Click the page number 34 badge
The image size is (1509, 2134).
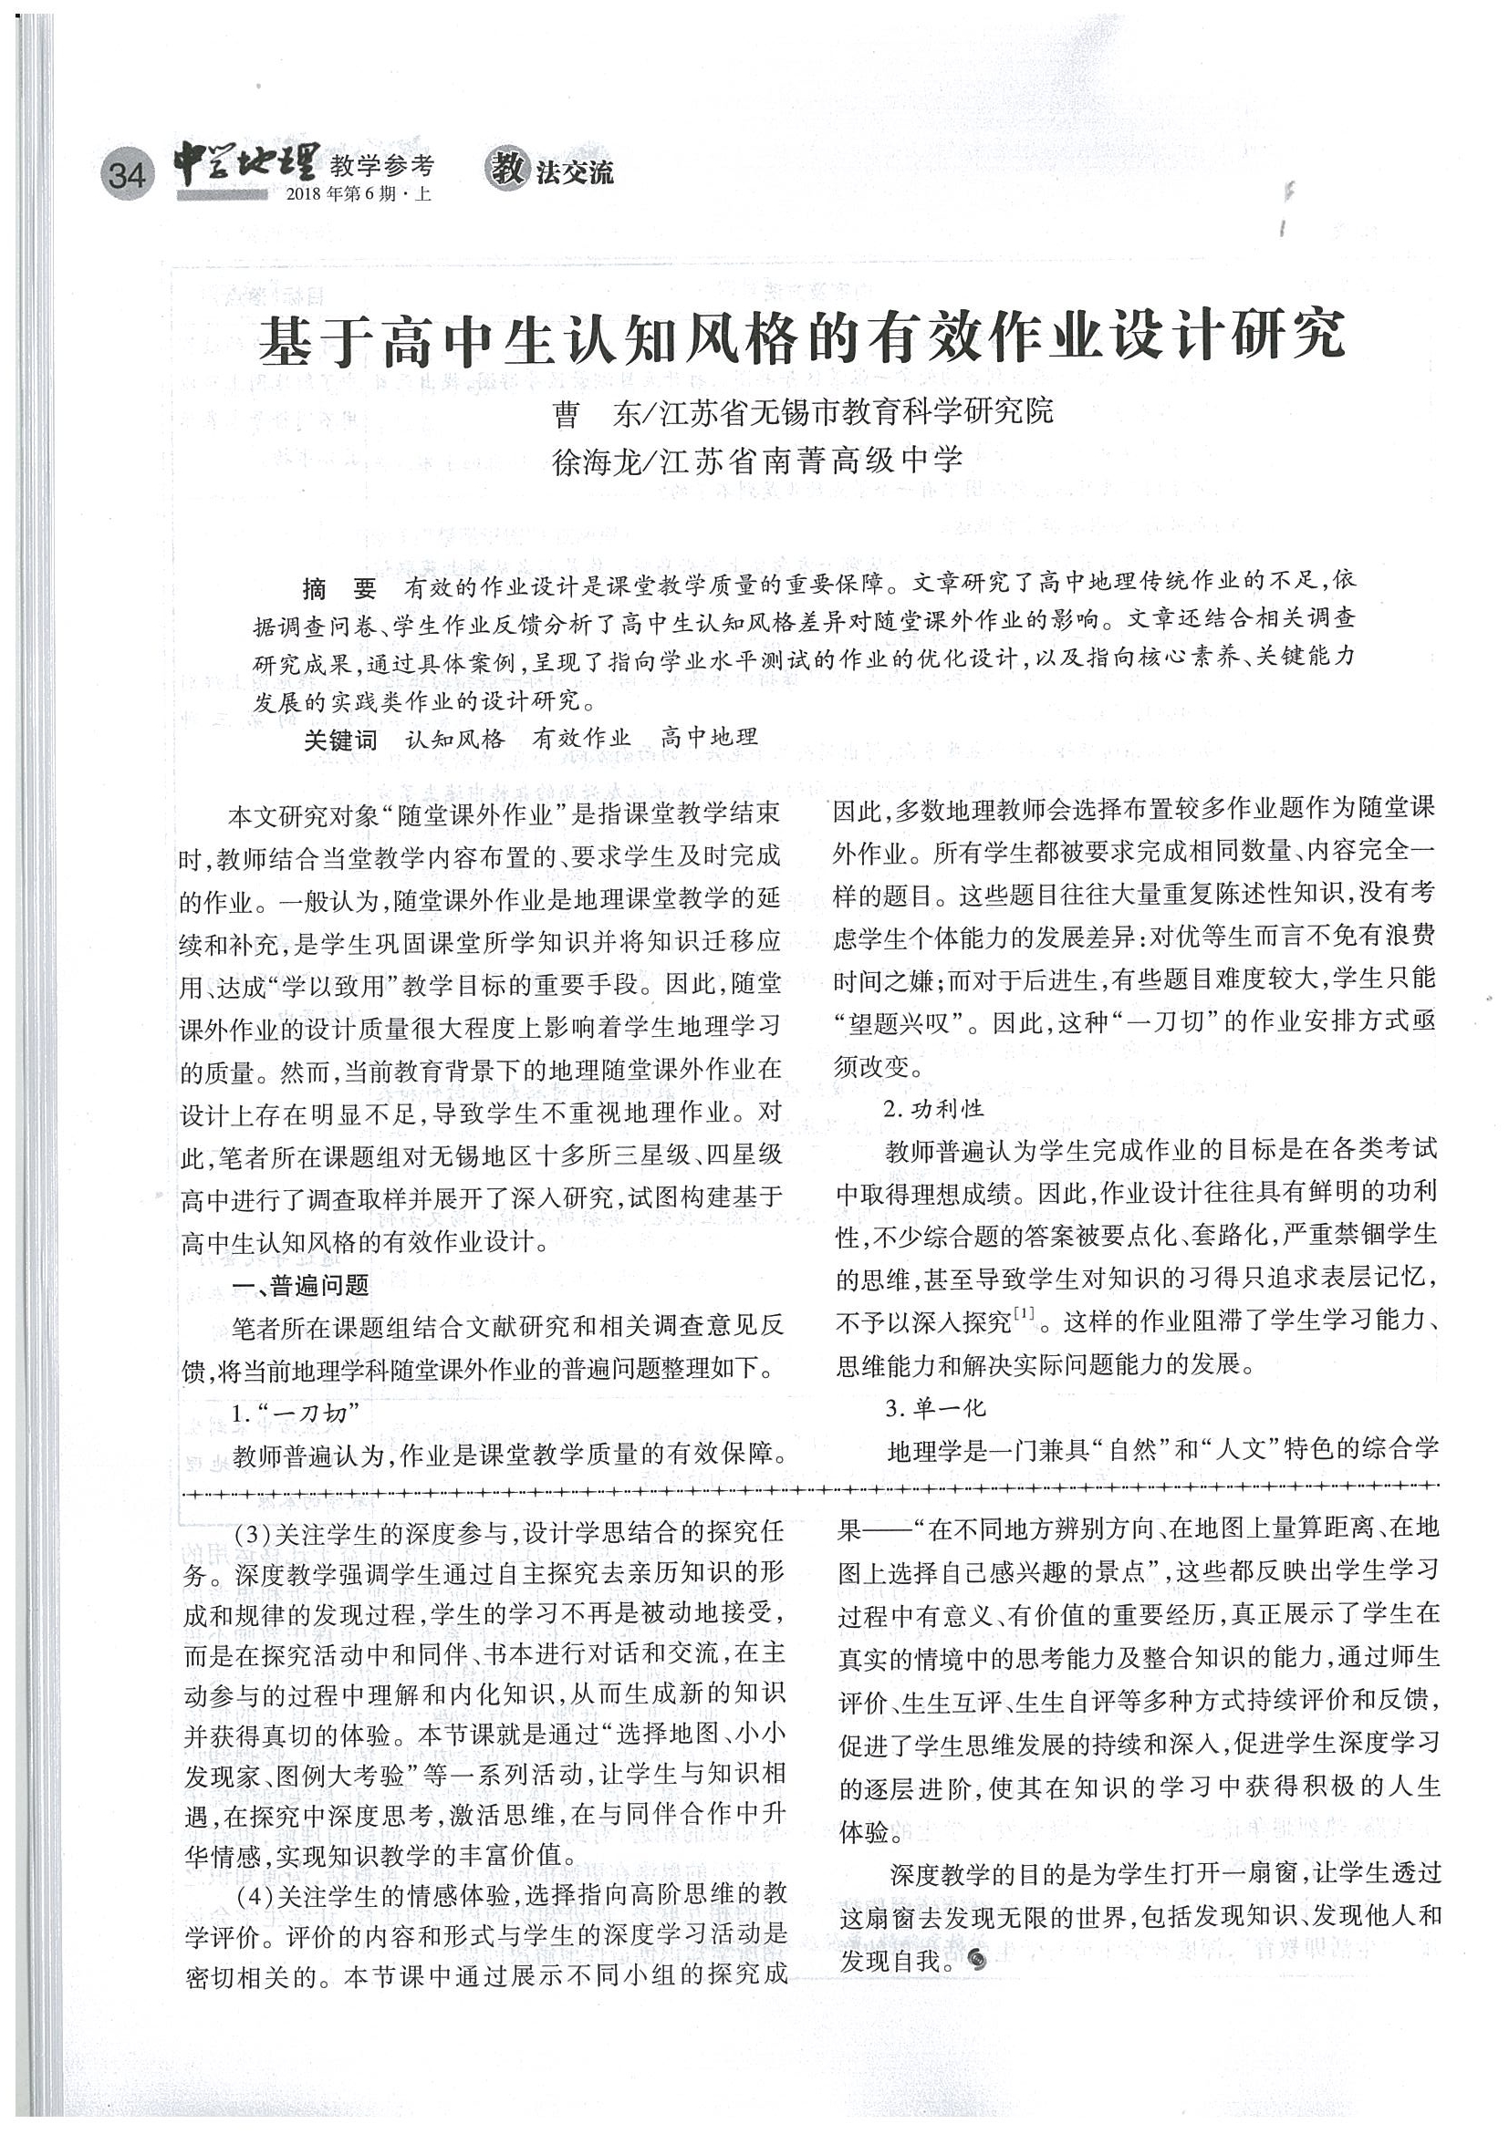pos(127,174)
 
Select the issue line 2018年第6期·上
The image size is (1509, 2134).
pos(359,194)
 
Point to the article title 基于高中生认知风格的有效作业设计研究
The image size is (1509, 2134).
pos(801,337)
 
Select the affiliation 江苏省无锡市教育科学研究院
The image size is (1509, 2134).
pos(857,411)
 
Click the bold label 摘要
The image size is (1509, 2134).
pos(339,588)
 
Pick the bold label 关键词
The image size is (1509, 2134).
pos(340,740)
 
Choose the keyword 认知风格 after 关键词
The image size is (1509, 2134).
pos(454,740)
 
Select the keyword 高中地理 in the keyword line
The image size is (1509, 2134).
pos(710,739)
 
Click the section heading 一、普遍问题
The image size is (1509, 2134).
pos(301,1286)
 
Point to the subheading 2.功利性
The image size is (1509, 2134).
pos(932,1109)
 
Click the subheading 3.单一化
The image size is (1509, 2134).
pos(934,1408)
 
